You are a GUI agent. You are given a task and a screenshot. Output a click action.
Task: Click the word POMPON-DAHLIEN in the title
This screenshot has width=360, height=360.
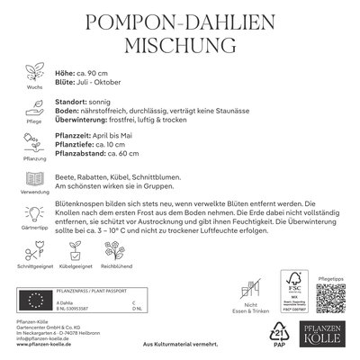[180, 20]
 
